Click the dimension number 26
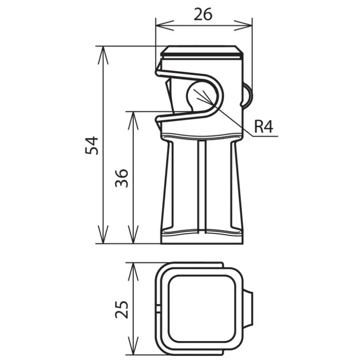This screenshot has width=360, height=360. pyautogui.click(x=203, y=14)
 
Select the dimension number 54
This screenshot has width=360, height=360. pyautogui.click(x=91, y=145)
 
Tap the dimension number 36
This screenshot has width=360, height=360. pyautogui.click(x=122, y=178)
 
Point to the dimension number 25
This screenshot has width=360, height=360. pyautogui.click(x=122, y=309)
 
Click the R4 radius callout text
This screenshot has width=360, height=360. pyautogui.click(x=264, y=127)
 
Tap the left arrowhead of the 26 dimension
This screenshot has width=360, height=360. pyautogui.click(x=165, y=25)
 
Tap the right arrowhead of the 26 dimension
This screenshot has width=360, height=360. pyautogui.click(x=243, y=25)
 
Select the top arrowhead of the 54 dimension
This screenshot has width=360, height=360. pyautogui.click(x=103, y=55)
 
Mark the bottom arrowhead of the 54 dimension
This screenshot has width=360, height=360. pyautogui.click(x=103, y=234)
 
